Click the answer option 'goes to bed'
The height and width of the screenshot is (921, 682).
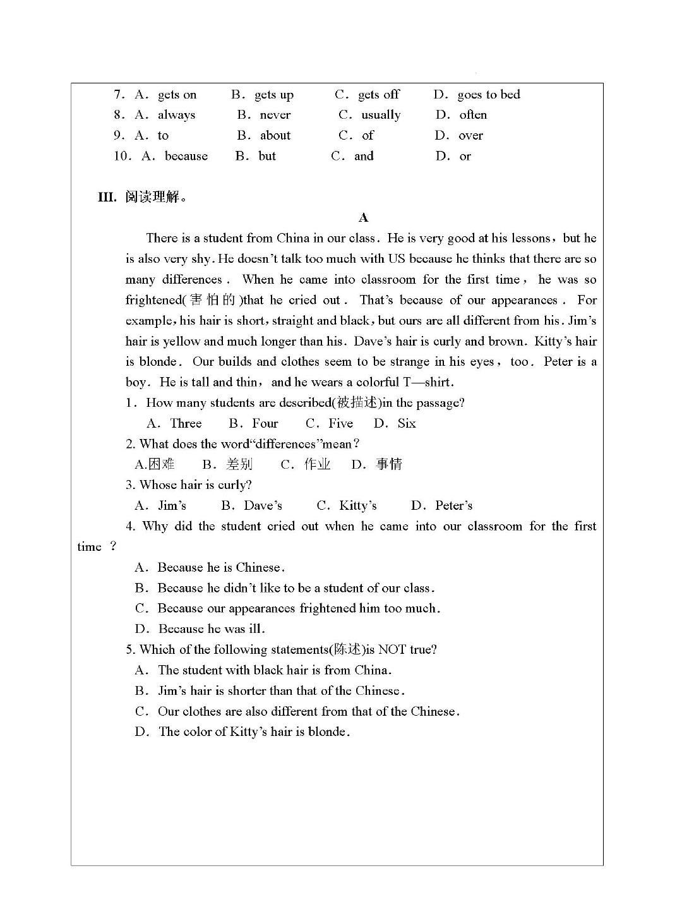(x=488, y=95)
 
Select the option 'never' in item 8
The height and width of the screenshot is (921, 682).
(x=275, y=115)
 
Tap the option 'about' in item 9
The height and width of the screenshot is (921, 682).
(x=275, y=135)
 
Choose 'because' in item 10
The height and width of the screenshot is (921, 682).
(x=186, y=156)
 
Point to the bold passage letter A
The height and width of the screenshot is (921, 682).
(x=363, y=218)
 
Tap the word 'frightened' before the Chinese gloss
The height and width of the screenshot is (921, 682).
(x=153, y=300)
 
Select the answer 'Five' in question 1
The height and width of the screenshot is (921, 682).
(x=340, y=423)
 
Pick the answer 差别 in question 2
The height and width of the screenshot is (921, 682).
(x=239, y=464)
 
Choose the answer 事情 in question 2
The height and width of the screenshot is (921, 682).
(x=388, y=464)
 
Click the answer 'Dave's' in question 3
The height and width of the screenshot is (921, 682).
(x=263, y=505)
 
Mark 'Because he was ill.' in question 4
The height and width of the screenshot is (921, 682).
(x=212, y=629)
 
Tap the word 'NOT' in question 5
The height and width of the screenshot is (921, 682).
(x=392, y=649)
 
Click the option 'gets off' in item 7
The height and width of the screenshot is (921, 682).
(x=378, y=95)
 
